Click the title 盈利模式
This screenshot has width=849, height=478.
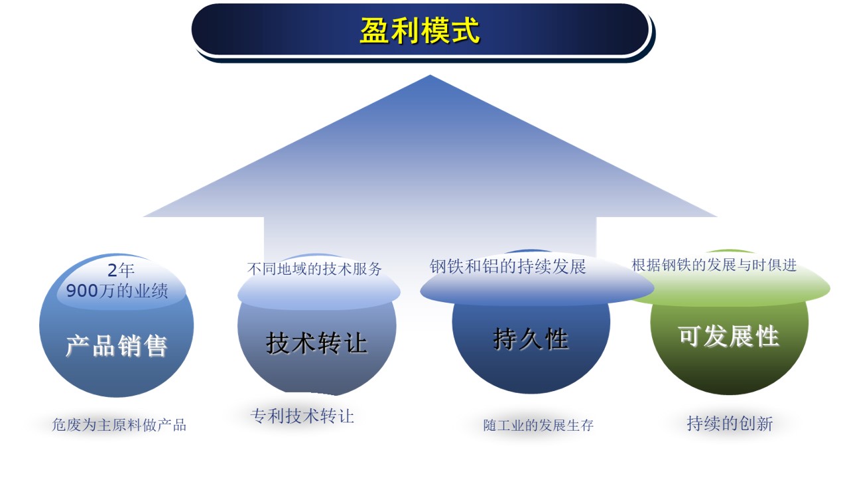click(419, 31)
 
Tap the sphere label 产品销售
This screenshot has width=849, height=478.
click(116, 346)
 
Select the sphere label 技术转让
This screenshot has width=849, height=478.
click(316, 343)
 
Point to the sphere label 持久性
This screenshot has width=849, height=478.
click(531, 339)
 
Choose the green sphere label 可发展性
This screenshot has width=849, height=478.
click(728, 337)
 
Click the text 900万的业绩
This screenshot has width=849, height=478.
click(117, 291)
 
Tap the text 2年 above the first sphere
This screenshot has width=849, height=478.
click(121, 271)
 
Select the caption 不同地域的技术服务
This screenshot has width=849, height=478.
click(315, 269)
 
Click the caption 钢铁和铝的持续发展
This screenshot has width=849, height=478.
click(508, 267)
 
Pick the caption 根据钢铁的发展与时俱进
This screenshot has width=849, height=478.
click(714, 265)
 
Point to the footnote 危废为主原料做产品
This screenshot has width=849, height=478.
click(119, 425)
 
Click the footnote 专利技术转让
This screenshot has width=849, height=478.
click(302, 416)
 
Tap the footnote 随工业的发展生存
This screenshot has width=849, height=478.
click(539, 426)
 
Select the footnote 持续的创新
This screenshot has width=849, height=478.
click(730, 424)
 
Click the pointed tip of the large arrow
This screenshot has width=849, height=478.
click(430, 76)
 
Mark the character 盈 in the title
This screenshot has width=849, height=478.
click(373, 31)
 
